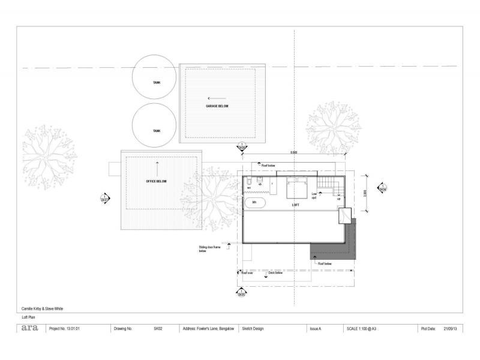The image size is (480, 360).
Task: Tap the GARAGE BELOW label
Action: pyautogui.click(x=217, y=107)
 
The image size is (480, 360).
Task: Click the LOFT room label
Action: pyautogui.click(x=296, y=205)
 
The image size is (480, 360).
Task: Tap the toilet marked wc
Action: pyautogui.click(x=248, y=182)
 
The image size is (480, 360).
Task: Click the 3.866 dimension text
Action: pyautogui.click(x=366, y=196)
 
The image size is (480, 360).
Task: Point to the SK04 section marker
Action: pyautogui.click(x=382, y=188)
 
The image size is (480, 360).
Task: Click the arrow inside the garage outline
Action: pyautogui.click(x=212, y=97)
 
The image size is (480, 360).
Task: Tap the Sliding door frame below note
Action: pyautogui.click(x=207, y=248)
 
